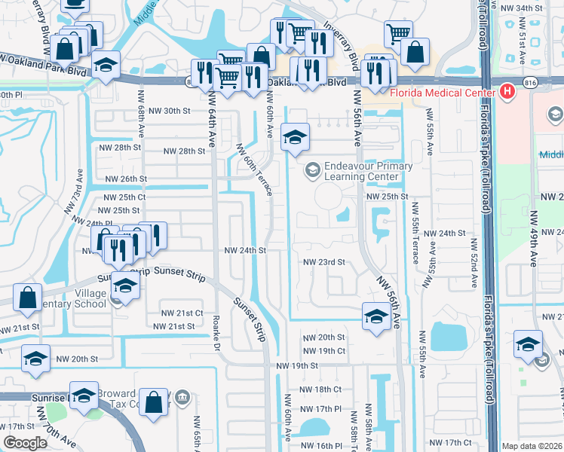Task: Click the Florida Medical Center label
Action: tap(442, 93)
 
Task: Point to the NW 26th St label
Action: tap(125, 179)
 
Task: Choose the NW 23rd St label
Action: tap(323, 262)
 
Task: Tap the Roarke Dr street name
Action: tap(217, 331)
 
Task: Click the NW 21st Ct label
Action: tap(182, 313)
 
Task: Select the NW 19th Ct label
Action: tap(323, 351)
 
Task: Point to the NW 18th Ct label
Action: tap(321, 389)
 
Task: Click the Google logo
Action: tap(26, 443)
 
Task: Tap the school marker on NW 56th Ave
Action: tap(375, 314)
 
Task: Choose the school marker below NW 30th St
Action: tap(295, 136)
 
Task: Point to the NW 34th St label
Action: tap(525, 8)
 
